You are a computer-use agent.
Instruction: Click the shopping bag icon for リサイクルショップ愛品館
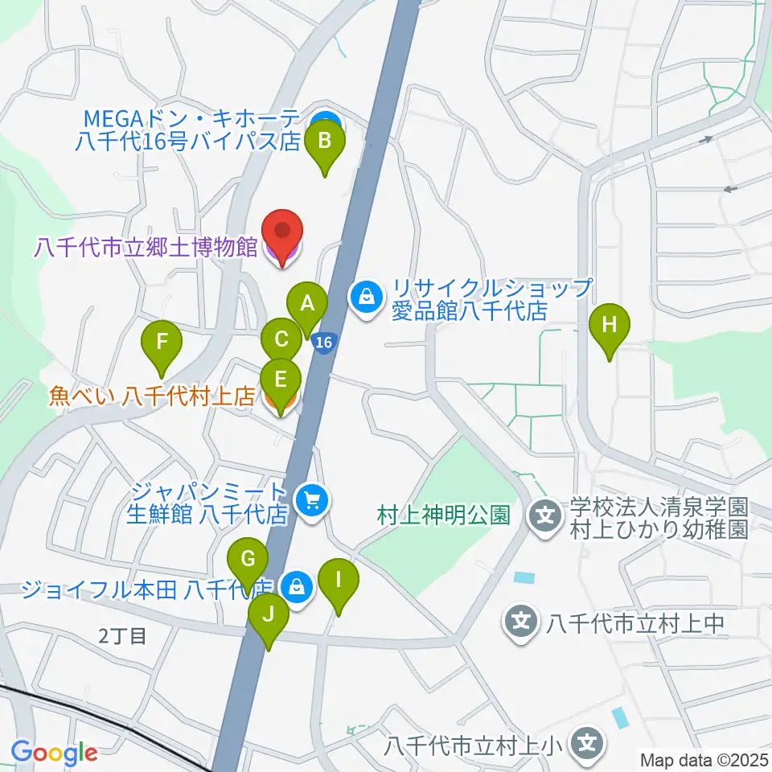pos(367,297)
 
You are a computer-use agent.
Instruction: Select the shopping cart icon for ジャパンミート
pos(312,502)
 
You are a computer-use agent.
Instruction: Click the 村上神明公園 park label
pos(444,515)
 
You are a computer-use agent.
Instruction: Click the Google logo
pos(55,753)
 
